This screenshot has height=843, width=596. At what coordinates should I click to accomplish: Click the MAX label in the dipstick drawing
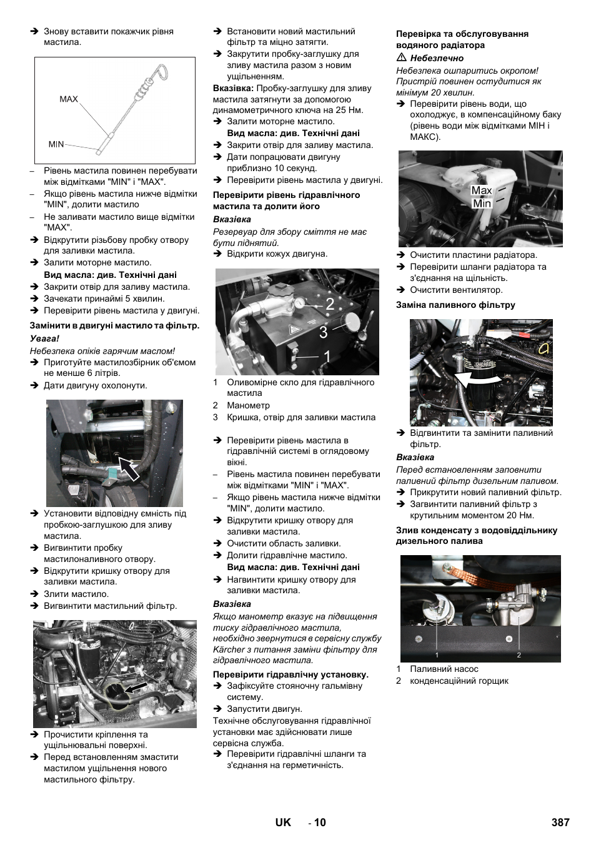coord(69,99)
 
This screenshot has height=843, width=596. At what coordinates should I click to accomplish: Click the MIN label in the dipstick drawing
coord(56,144)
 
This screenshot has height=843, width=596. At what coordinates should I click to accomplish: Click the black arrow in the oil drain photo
coord(128,468)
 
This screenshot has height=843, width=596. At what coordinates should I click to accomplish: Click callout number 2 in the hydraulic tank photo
coord(329,304)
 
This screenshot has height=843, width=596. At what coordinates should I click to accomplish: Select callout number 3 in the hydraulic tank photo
coord(323,333)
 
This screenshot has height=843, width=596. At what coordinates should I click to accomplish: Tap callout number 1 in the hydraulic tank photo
coord(327,356)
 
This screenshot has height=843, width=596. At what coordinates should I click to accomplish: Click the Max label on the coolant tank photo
coord(481,190)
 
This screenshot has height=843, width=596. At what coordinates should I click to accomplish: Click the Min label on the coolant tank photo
coord(482,204)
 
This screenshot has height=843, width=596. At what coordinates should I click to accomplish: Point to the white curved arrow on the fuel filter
coord(477,378)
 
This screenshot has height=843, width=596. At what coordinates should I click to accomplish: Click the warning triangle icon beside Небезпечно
coord(402,57)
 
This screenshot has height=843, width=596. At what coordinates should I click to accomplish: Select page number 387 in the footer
coord(560,822)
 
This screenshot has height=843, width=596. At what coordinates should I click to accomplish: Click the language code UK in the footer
coord(283,822)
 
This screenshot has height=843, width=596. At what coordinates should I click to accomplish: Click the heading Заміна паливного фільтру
coord(455,305)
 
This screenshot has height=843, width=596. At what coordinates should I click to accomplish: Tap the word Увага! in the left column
coord(44,338)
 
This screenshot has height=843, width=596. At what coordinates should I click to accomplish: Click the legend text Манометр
coord(248,405)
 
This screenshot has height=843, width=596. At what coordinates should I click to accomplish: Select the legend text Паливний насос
coord(444,669)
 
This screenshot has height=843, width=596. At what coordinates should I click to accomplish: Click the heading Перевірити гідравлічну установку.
coord(291,674)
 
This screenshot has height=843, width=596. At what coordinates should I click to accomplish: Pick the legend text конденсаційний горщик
coord(459,681)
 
